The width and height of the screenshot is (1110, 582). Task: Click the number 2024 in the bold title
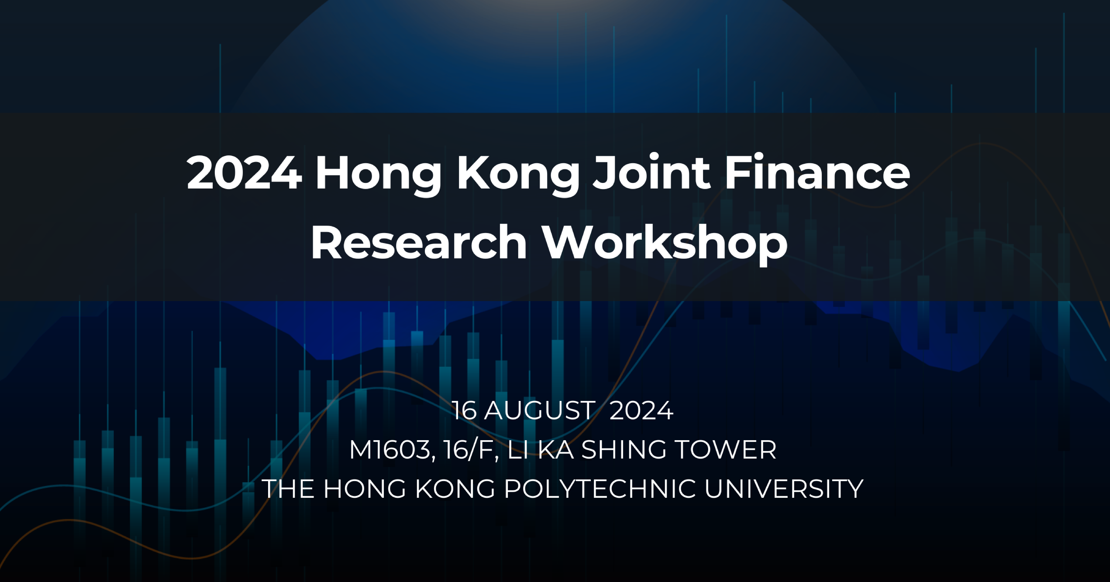click(244, 173)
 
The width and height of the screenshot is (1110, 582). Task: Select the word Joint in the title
click(651, 172)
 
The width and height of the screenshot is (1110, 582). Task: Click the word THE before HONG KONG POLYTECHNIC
click(288, 489)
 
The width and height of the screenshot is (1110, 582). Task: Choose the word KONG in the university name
click(455, 489)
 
